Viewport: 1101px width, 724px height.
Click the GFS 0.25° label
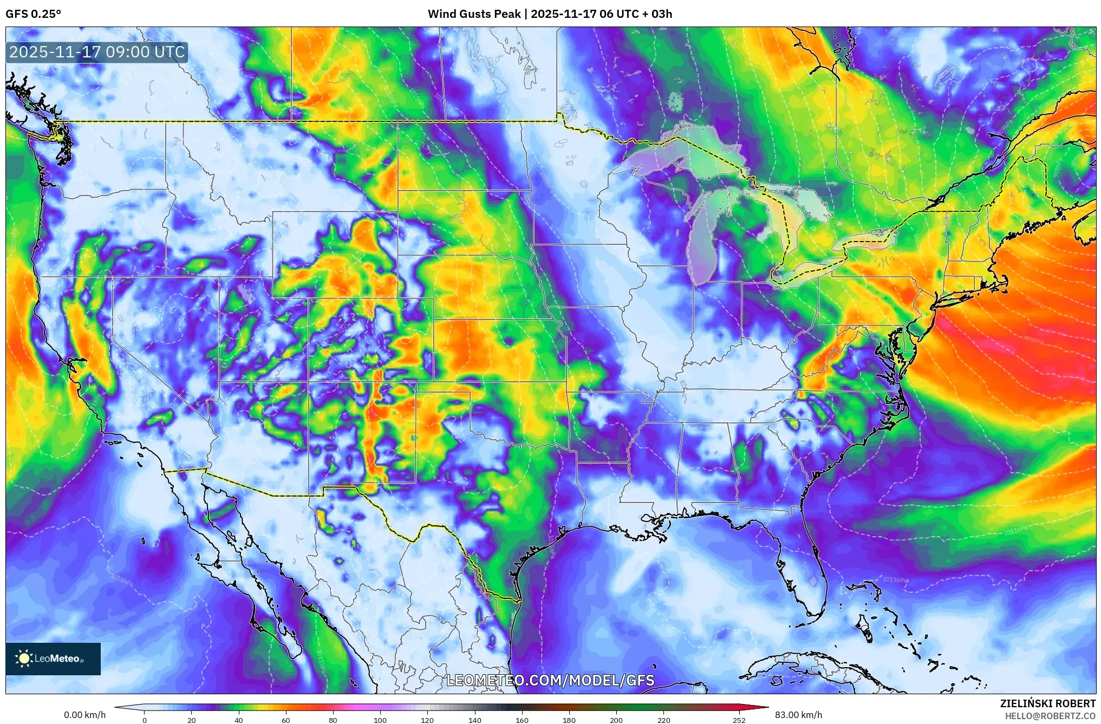click(x=33, y=14)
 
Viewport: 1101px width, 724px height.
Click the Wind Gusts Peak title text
click(x=550, y=14)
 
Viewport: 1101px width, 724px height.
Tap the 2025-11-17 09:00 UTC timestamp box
click(x=97, y=52)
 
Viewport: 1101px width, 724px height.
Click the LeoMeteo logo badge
click(x=53, y=658)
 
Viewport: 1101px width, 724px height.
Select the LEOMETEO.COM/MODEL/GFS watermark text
click(x=550, y=680)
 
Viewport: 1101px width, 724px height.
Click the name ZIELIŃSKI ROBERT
click(x=1047, y=703)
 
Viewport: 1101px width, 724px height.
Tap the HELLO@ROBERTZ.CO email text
click(x=1050, y=716)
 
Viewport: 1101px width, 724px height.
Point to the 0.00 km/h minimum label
click(x=84, y=715)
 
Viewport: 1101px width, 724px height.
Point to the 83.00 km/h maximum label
click(x=798, y=715)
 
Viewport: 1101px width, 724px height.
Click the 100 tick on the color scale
click(x=380, y=720)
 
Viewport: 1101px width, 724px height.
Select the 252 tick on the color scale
click(x=739, y=720)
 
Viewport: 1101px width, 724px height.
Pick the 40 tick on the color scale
click(x=239, y=720)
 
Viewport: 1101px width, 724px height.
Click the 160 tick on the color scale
click(x=522, y=720)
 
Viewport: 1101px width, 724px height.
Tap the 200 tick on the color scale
click(x=616, y=720)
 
